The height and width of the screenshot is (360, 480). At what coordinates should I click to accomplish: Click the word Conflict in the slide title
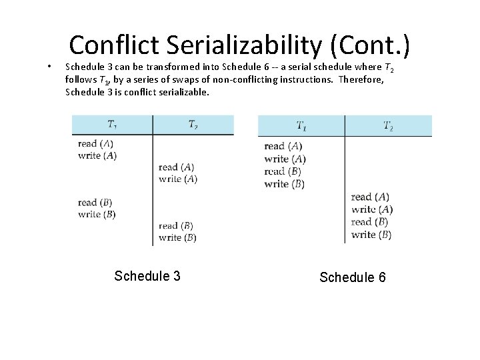[114, 45]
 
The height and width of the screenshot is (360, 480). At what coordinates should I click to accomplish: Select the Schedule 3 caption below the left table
[147, 276]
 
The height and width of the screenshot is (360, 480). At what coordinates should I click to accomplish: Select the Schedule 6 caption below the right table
[353, 277]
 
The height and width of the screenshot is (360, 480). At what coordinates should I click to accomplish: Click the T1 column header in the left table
[112, 124]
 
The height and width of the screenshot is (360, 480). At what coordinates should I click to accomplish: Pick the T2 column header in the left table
[193, 124]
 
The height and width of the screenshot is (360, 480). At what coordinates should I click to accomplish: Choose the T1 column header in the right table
[301, 125]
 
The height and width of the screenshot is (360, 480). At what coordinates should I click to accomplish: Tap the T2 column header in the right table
[388, 125]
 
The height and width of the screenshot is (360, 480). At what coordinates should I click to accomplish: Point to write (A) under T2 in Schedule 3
[178, 179]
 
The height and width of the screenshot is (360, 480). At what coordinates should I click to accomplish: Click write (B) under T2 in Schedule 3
[177, 237]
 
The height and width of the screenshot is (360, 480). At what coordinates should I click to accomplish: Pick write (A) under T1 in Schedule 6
[285, 159]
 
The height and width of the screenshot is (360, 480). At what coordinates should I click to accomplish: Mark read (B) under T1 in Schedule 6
[284, 171]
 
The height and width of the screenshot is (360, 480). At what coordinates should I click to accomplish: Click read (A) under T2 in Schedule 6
[371, 197]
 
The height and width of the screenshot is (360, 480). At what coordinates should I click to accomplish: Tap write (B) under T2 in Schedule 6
[371, 235]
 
